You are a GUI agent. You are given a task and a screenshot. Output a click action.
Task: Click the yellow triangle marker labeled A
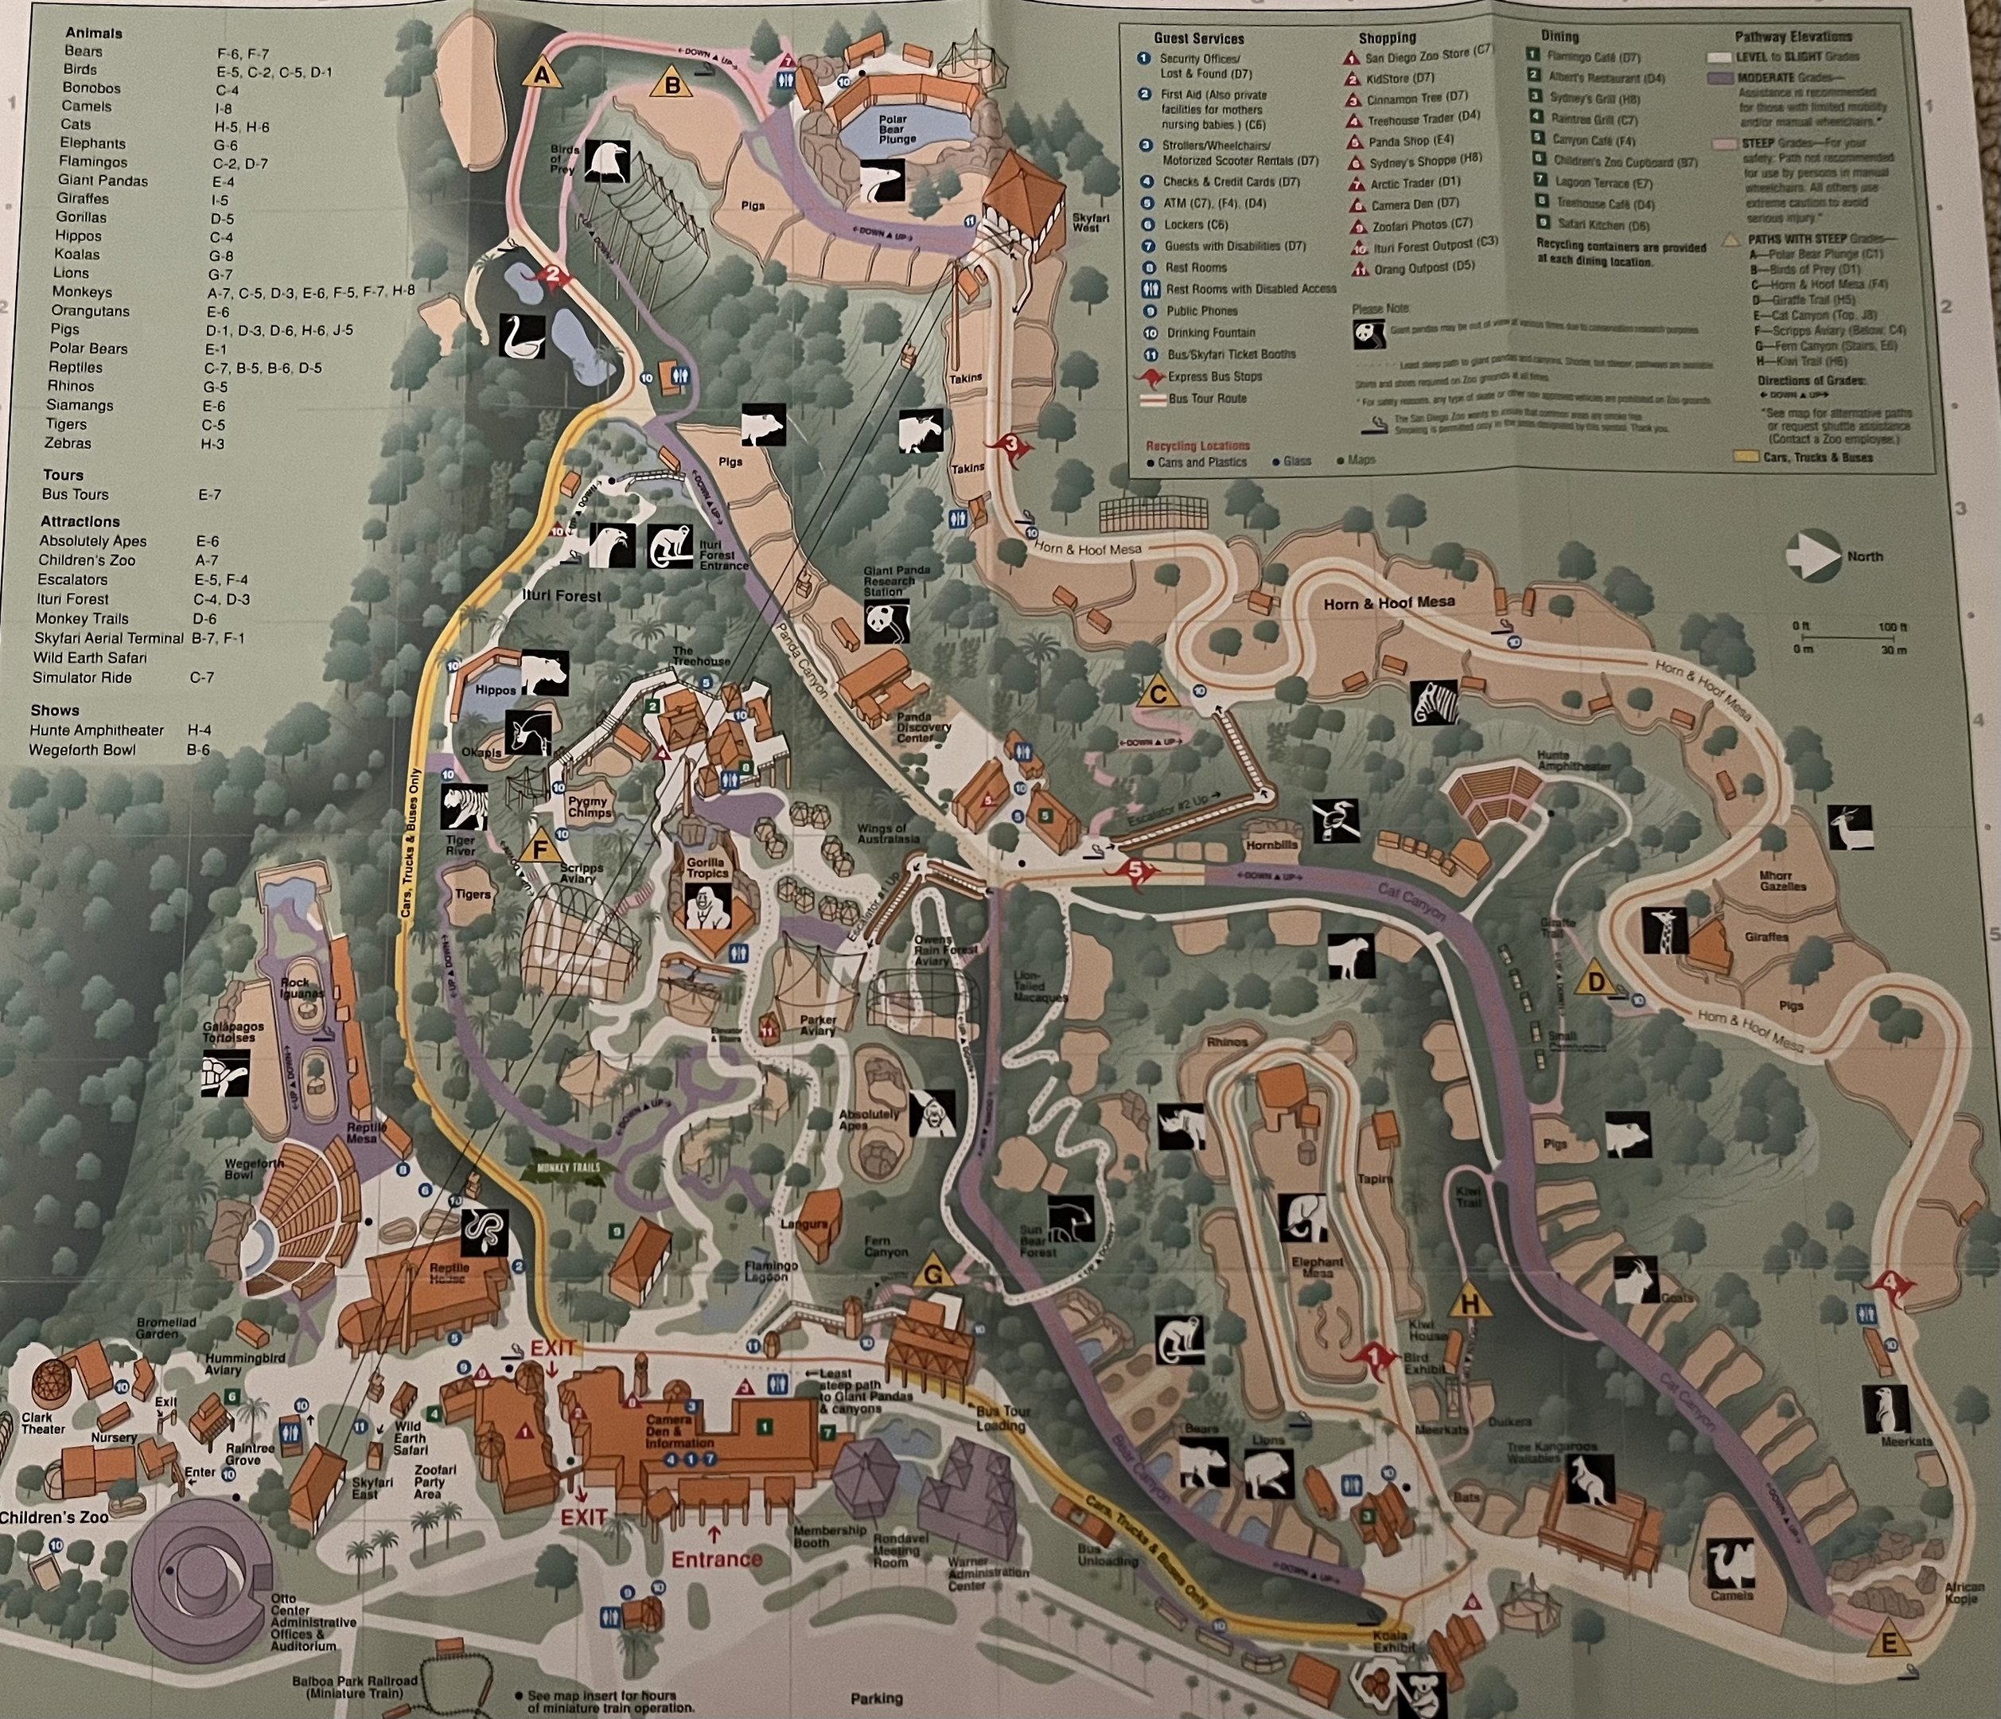tap(541, 73)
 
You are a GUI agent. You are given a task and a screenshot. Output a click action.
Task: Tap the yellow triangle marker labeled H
tap(1470, 1304)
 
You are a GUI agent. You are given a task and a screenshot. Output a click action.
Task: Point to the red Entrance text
tap(717, 1559)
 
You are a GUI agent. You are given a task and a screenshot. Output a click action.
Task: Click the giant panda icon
tap(886, 621)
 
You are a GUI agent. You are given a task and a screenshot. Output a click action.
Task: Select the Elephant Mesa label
tap(1318, 1268)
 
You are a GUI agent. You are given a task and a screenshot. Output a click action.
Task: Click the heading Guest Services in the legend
tap(1198, 39)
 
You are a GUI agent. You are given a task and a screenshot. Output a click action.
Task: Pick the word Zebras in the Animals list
tap(68, 443)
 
